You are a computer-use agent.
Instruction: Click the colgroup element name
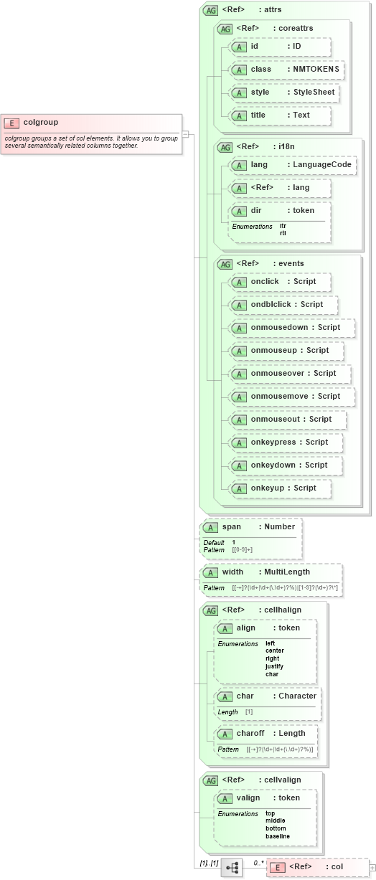click(40, 122)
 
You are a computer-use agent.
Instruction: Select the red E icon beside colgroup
click(12, 123)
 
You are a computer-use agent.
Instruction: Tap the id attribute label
click(255, 46)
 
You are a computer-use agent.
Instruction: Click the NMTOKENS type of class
click(316, 69)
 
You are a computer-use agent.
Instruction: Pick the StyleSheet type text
click(314, 92)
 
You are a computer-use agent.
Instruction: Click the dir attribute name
click(256, 210)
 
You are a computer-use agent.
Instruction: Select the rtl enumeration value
click(283, 233)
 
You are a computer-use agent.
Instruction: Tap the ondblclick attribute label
click(271, 304)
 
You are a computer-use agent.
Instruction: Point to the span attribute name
click(232, 526)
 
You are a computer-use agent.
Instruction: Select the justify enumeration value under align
click(274, 666)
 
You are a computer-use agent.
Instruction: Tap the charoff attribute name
click(250, 733)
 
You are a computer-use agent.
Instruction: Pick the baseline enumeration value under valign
click(278, 836)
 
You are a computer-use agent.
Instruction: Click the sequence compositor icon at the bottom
click(232, 867)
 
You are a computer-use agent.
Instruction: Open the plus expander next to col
click(372, 867)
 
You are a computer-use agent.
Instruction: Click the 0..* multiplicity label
click(258, 863)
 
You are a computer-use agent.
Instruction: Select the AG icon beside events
click(225, 263)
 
